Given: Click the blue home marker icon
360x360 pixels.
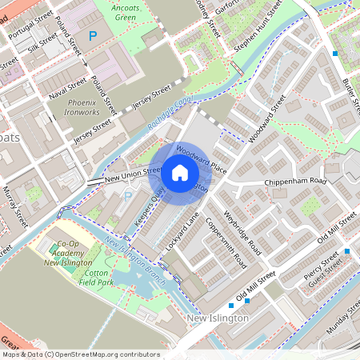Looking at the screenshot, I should pos(179,173).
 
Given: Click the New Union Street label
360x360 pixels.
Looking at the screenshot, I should pos(133,173).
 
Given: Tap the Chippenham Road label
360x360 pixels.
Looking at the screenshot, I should pos(296,182).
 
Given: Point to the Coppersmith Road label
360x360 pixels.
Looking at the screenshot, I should pos(225,242).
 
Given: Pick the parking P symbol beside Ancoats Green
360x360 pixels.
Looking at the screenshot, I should pos(93,35).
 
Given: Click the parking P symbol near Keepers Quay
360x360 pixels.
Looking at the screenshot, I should pos(126,196).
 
